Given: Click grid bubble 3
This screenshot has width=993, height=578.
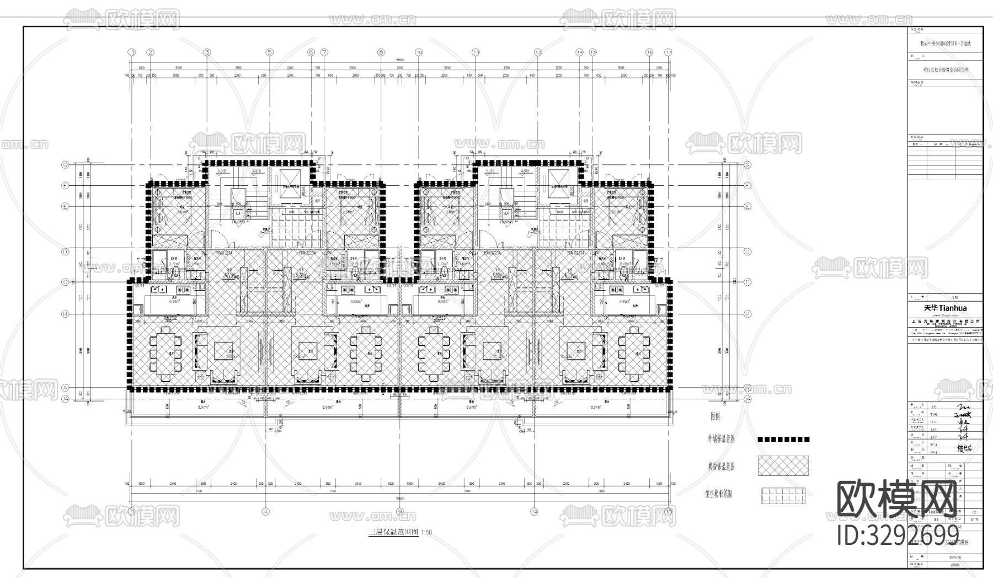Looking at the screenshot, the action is [207, 52].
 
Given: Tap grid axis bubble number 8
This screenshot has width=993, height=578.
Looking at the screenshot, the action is [381, 52].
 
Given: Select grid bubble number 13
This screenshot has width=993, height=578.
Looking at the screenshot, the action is [538, 52].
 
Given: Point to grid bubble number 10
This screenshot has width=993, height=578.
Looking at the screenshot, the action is [419, 52].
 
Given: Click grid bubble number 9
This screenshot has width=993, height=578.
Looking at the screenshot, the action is [400, 511].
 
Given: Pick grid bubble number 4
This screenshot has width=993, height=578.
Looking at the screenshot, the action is [266, 511].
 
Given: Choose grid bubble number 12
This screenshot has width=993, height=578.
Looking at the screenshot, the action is [534, 511].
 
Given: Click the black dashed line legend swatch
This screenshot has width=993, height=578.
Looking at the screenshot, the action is [783, 440].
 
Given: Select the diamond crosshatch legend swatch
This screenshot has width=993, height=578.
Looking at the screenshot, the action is [783, 466].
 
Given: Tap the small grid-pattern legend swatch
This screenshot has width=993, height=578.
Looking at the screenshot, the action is [783, 495].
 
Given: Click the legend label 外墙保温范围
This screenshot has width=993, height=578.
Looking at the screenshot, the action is [721, 440].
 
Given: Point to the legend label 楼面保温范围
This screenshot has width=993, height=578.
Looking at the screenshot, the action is [721, 467].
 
